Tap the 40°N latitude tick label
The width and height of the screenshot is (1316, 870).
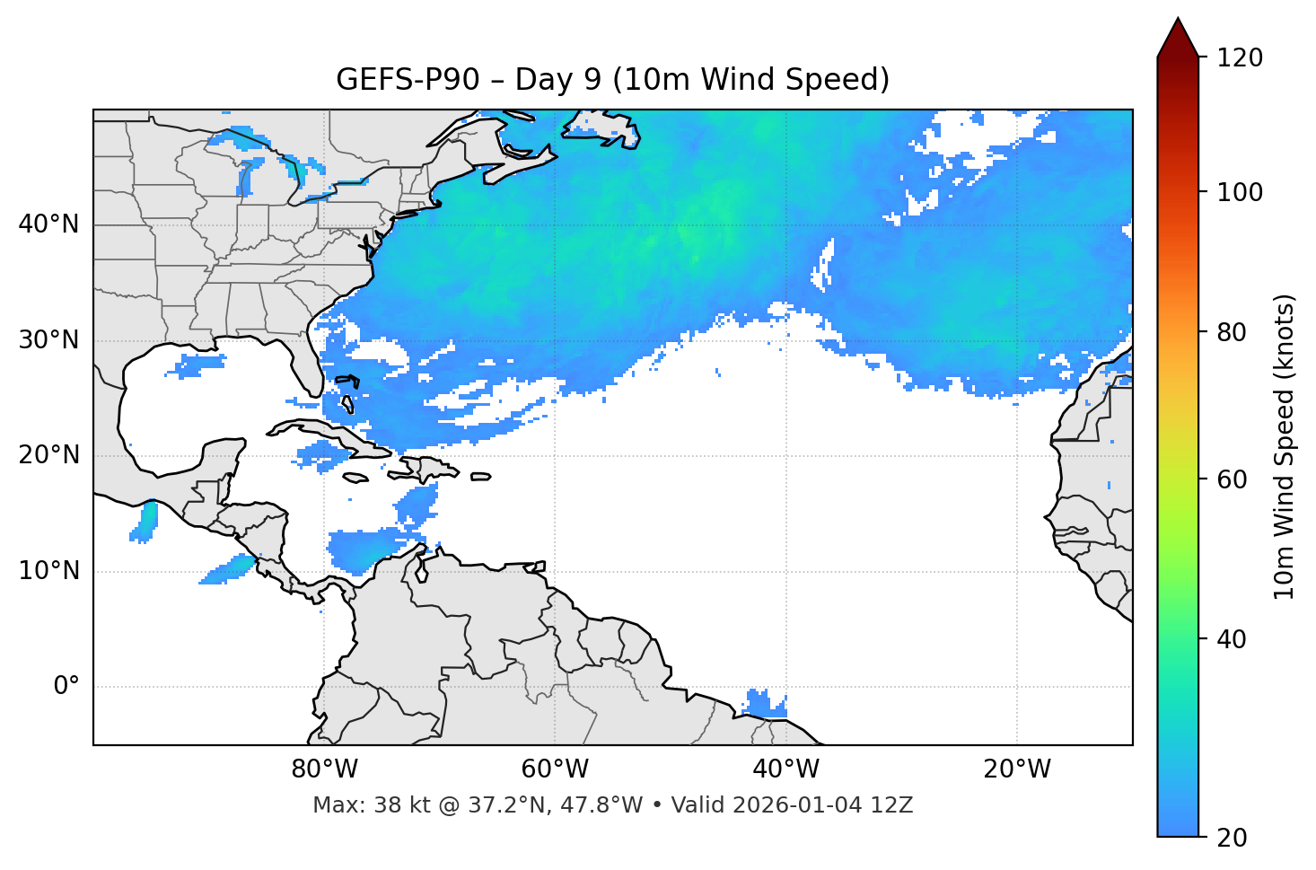pos(48,224)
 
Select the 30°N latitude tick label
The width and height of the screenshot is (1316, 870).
pos(48,340)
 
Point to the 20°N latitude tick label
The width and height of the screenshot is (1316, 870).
pos(48,455)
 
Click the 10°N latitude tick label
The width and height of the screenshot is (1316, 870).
pos(48,571)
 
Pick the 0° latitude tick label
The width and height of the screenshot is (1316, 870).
pos(66,687)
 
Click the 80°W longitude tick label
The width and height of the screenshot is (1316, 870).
pos(324,769)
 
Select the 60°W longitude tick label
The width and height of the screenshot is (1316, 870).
pos(555,769)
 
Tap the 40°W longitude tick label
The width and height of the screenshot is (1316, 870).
pos(785,769)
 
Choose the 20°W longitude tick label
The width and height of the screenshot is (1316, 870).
pos(1016,769)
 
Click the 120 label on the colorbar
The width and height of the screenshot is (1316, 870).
pos(1240,58)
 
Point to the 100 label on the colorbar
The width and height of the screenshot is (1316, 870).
pos(1240,192)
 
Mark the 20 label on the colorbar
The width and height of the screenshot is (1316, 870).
pos(1233,838)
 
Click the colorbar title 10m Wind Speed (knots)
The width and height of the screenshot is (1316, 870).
pos(1285,446)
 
